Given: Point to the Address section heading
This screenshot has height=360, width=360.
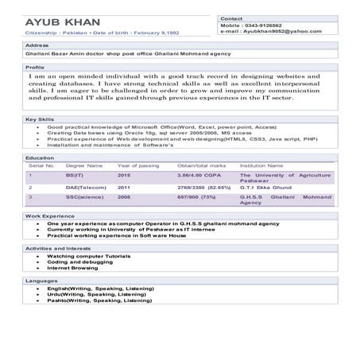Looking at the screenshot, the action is tap(37, 46).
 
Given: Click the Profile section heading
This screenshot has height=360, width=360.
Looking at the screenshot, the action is tap(35, 68).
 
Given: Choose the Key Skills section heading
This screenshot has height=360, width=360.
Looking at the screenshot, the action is tap(39, 119).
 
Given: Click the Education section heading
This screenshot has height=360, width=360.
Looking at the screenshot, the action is tap(40, 157).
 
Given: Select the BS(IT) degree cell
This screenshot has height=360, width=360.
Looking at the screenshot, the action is tap(75, 174).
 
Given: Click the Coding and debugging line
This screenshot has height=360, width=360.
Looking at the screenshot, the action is tap(77, 262).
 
